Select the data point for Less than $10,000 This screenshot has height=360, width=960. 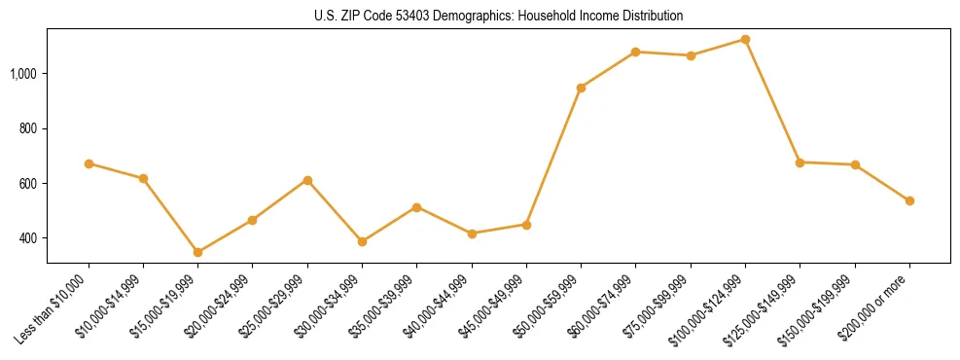(89, 163)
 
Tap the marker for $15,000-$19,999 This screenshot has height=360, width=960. (197, 252)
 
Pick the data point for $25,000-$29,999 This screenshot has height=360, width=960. (307, 180)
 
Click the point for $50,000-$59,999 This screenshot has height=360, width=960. (581, 88)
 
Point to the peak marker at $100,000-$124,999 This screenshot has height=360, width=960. (745, 39)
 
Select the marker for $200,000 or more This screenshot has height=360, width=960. (909, 200)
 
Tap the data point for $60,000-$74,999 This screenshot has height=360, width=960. (635, 52)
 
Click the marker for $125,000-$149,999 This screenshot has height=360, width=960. (800, 162)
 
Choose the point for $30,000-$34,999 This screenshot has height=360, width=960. (362, 241)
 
